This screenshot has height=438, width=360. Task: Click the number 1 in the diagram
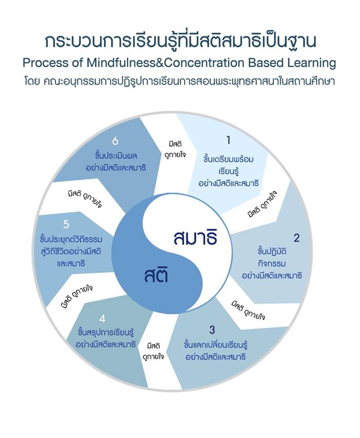[229, 141]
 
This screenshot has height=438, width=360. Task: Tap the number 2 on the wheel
[297, 237]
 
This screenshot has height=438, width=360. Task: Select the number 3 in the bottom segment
[212, 329]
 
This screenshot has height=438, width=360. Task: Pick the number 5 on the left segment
[66, 224]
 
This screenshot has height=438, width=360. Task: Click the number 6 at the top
[115, 141]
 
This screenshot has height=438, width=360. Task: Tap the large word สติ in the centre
[156, 276]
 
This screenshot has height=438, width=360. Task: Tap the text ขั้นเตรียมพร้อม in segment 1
[229, 160]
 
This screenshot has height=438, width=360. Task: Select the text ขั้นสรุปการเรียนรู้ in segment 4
[106, 332]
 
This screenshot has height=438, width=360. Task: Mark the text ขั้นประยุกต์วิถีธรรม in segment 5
[71, 240]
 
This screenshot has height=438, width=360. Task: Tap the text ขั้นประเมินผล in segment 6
[115, 155]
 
